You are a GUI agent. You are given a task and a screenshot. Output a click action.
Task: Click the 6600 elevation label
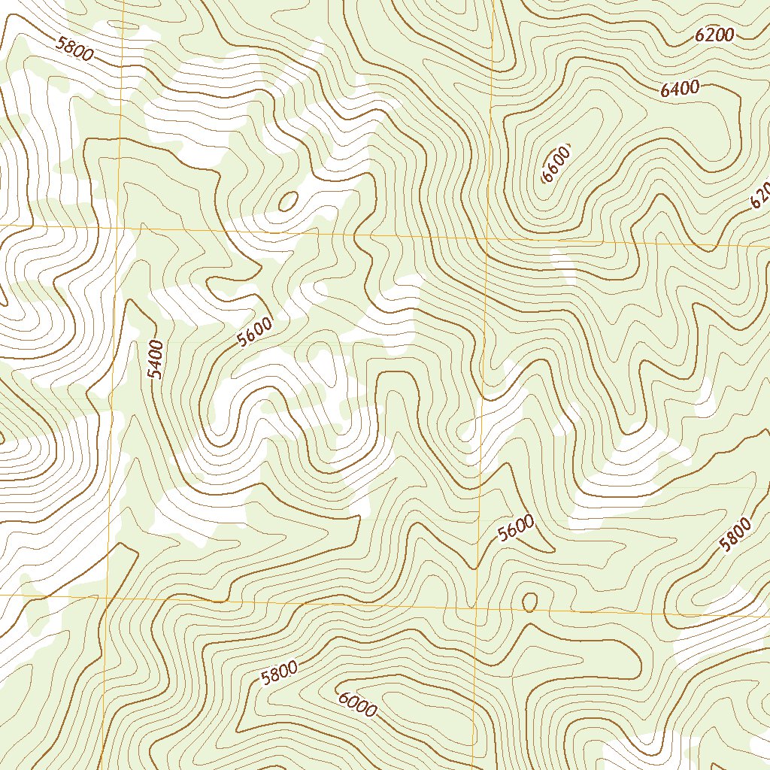[556, 163]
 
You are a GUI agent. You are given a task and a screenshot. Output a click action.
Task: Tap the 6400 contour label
[680, 89]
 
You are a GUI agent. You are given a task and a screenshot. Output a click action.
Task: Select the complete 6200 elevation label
[714, 35]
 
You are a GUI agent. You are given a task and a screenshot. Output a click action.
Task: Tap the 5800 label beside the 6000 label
[279, 673]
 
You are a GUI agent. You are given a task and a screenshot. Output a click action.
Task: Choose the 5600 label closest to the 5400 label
[254, 332]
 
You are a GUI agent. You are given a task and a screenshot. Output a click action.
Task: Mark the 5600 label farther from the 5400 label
[516, 529]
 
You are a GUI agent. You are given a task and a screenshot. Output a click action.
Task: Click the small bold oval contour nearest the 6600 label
[287, 201]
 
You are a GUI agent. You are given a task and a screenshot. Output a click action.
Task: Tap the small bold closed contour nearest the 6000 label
[529, 601]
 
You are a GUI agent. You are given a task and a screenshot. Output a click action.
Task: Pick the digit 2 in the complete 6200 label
[710, 35]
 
